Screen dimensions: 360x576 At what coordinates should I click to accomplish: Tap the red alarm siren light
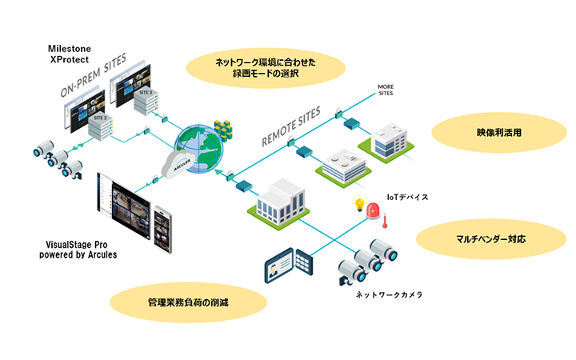tap(373, 211)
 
